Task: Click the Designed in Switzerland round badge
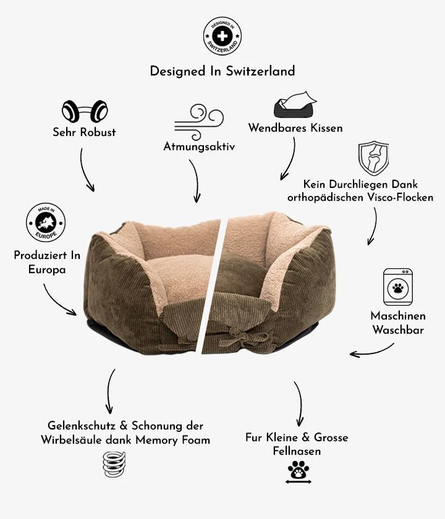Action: tap(222, 36)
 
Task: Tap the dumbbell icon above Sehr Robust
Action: tap(85, 111)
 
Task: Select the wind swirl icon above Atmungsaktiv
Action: tap(199, 122)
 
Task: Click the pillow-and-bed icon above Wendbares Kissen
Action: tap(295, 104)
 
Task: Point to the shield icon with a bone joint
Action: tap(373, 158)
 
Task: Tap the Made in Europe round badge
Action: tap(46, 222)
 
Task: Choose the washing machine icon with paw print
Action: tap(397, 287)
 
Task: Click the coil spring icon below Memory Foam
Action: tap(114, 464)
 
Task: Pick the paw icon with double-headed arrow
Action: tap(299, 471)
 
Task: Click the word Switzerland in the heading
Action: tap(260, 71)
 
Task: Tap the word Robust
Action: tap(98, 132)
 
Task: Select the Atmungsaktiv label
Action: tap(199, 146)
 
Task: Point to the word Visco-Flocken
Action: tap(400, 198)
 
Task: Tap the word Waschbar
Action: tap(398, 330)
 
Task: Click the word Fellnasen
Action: tap(297, 451)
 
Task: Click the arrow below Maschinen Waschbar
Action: tap(371, 352)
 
